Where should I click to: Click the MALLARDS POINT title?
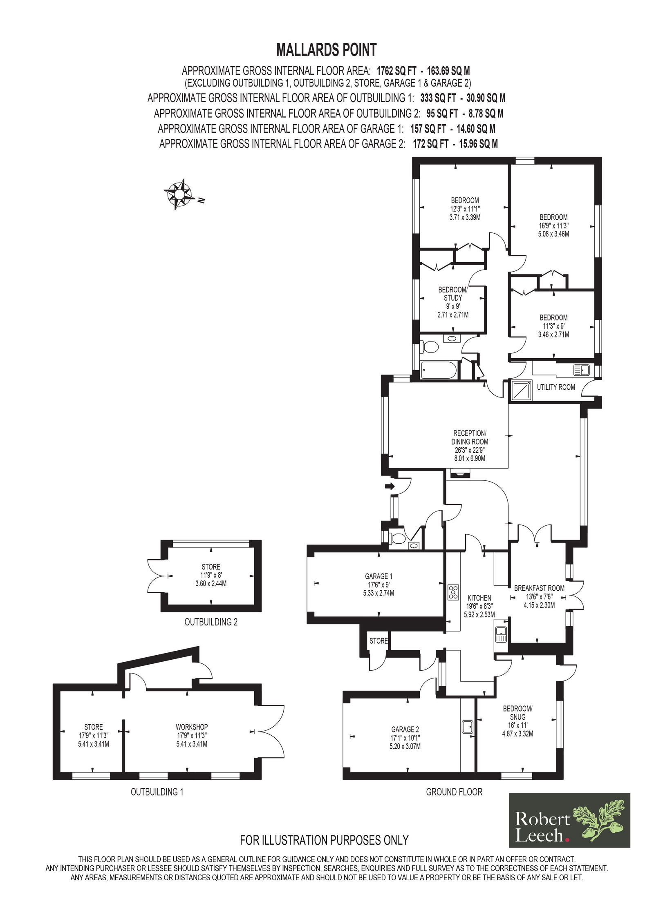click(326, 50)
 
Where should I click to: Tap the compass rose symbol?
click(179, 194)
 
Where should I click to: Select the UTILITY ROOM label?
click(555, 387)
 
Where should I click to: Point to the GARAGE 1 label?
click(379, 576)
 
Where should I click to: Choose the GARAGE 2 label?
click(405, 729)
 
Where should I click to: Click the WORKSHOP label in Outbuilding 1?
click(192, 727)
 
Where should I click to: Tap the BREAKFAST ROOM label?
click(539, 588)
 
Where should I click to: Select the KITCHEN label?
click(479, 598)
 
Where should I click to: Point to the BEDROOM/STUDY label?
click(453, 294)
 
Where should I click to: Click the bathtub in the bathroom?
click(439, 370)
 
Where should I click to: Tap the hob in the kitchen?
click(453, 592)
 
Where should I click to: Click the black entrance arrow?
click(390, 486)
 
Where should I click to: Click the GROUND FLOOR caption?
click(454, 792)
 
